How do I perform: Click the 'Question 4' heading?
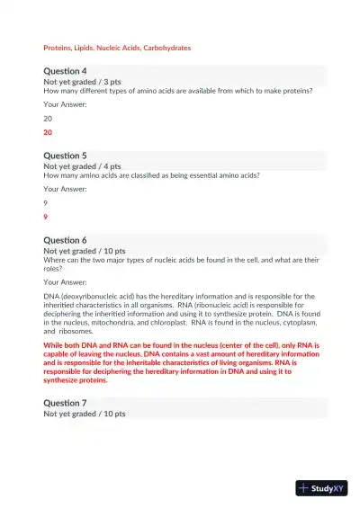click(65, 71)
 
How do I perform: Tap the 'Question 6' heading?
click(65, 240)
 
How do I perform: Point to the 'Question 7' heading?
click(65, 403)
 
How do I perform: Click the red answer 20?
click(49, 132)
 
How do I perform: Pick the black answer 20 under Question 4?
click(49, 118)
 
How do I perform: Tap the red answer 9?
click(46, 217)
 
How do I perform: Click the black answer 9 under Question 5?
click(46, 202)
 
